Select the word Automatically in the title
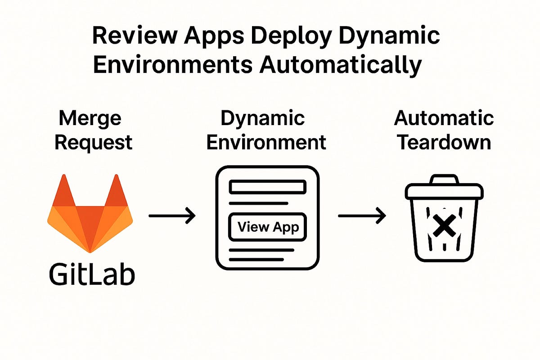(341, 65)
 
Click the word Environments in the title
(172, 65)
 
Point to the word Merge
(90, 119)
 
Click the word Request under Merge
(94, 142)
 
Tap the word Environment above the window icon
(266, 142)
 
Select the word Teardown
(444, 142)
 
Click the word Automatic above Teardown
(444, 119)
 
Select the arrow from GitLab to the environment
(172, 216)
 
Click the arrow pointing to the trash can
(362, 216)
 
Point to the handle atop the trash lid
(444, 179)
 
